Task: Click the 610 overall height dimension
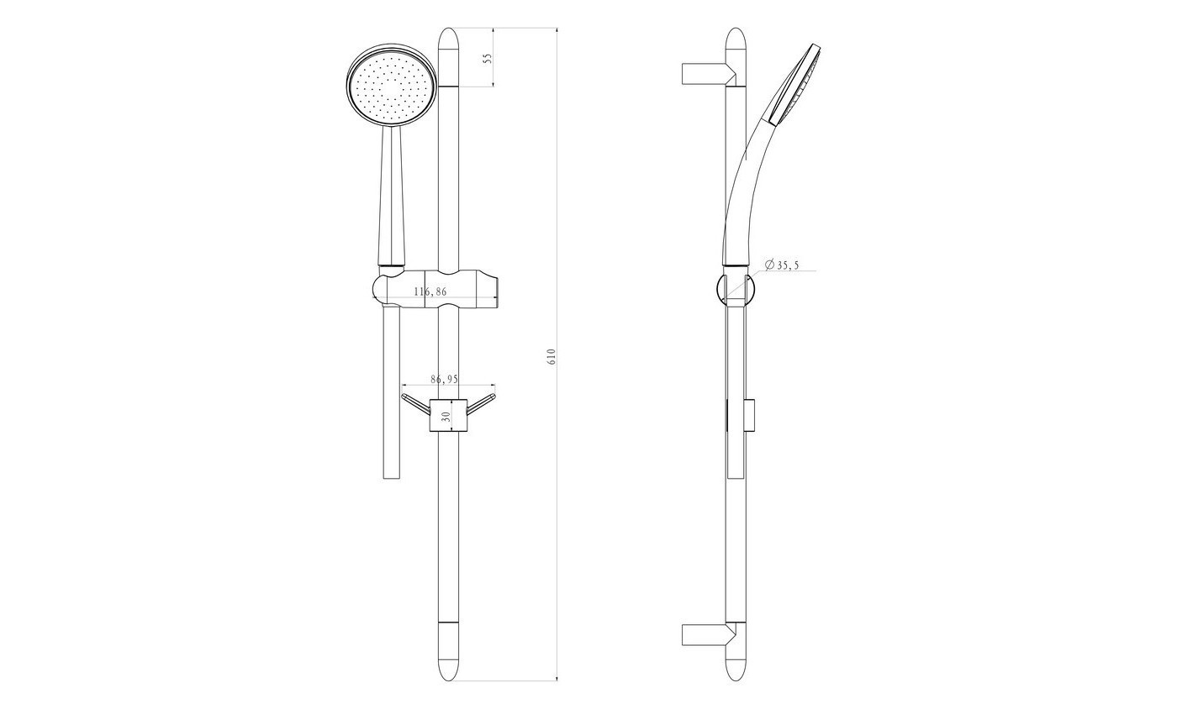[552, 357]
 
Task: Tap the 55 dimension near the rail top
[488, 58]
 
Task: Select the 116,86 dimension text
[430, 291]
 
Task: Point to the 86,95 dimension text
[445, 379]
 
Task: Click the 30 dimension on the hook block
[447, 416]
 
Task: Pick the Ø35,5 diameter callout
[782, 265]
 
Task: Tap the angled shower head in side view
[794, 83]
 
